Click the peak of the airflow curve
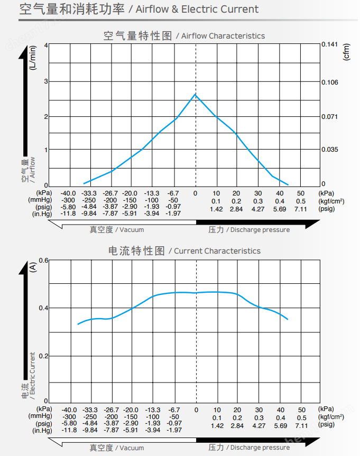point(196,94)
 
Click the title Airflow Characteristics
point(184,36)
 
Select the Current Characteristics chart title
point(184,250)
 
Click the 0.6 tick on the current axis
point(43,260)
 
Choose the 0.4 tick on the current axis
point(43,308)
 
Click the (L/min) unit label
point(33,59)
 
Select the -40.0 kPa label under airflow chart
point(69,193)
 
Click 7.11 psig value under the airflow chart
point(300,209)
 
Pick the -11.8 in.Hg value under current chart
point(69,430)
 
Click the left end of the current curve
point(78,324)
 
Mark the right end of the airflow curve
point(288,183)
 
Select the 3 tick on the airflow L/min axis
point(45,81)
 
